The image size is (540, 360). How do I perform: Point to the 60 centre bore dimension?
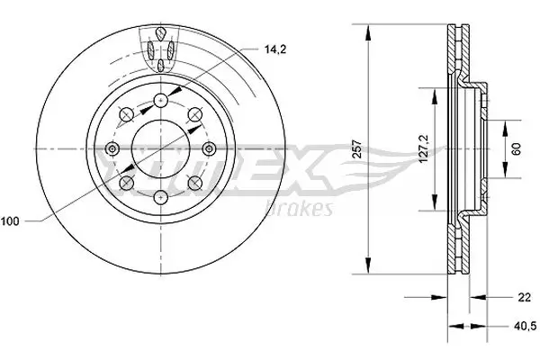pyautogui.click(x=515, y=149)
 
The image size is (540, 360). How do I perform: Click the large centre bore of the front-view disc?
pyautogui.click(x=161, y=148)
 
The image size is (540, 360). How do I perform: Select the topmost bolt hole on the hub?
pyautogui.click(x=161, y=100)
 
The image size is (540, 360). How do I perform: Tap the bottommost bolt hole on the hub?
pyautogui.click(x=161, y=198)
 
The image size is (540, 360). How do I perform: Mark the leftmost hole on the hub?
pyautogui.click(x=112, y=148)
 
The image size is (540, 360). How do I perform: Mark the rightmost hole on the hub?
pyautogui.click(x=210, y=148)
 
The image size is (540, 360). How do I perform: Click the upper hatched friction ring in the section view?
pyautogui.click(x=455, y=54)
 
